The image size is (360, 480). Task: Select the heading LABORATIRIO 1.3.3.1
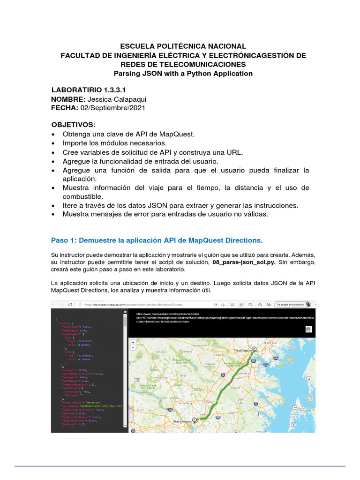point(88,90)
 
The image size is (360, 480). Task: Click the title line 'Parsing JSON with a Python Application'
point(183,73)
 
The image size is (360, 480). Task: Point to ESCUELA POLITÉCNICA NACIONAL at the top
point(183,46)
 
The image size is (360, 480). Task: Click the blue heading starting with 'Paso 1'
point(157,240)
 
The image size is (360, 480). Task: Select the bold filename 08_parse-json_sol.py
point(244,262)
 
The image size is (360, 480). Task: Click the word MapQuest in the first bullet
point(175,134)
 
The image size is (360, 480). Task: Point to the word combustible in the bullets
point(82,196)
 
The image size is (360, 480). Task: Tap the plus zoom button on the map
point(133,343)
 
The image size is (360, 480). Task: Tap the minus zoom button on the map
point(133,349)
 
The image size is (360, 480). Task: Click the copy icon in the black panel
point(308,330)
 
